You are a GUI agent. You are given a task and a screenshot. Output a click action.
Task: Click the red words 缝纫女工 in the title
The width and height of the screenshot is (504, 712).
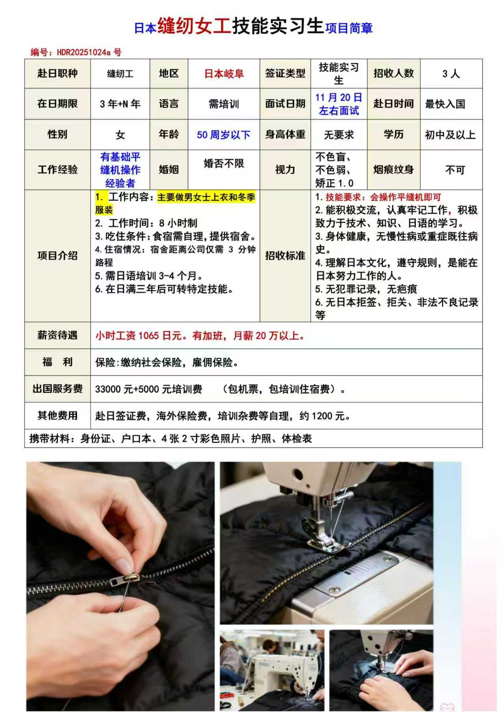pyautogui.click(x=194, y=26)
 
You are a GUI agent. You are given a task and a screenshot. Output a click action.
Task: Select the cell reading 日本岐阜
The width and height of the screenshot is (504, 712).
pyautogui.click(x=224, y=74)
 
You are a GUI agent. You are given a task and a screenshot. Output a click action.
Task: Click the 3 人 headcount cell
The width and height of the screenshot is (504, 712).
pyautogui.click(x=451, y=74)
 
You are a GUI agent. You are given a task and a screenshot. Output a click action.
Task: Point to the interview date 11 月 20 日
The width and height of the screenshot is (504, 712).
pyautogui.click(x=339, y=98)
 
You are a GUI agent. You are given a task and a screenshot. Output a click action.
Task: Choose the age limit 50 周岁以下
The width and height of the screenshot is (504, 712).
pyautogui.click(x=224, y=135)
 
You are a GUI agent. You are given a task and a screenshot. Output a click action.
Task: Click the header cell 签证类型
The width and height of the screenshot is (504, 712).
pyautogui.click(x=285, y=74)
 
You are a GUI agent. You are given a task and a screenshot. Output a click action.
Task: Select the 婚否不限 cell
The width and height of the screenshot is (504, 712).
pyautogui.click(x=224, y=163)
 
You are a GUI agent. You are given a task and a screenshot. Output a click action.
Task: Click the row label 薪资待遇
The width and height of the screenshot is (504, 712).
pyautogui.click(x=57, y=335)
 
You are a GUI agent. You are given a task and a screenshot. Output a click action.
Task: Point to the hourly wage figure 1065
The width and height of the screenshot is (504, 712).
pyautogui.click(x=148, y=336)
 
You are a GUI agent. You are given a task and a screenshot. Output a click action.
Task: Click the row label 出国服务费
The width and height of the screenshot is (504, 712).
pyautogui.click(x=57, y=389)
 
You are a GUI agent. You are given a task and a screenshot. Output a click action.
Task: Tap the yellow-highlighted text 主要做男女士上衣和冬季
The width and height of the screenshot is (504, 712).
pyautogui.click(x=206, y=197)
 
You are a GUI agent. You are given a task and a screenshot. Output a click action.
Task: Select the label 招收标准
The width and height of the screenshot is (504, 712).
pyautogui.click(x=285, y=256)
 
